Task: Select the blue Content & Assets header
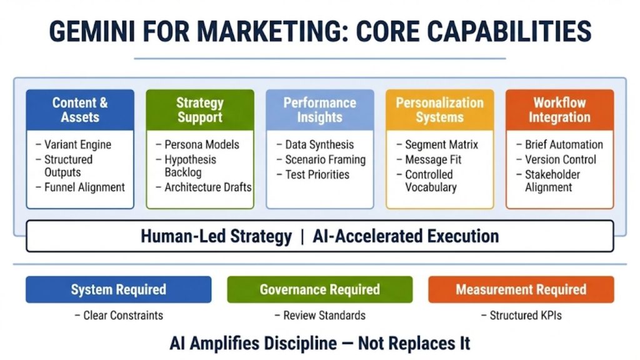coord(80,110)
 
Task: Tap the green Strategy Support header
coord(200,110)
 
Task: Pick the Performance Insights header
coord(319,110)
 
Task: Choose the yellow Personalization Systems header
coord(439,110)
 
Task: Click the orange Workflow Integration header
coord(559,110)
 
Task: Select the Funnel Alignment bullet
coord(84,187)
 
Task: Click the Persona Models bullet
coord(201,144)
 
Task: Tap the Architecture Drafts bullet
coord(207,187)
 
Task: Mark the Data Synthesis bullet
coord(319,144)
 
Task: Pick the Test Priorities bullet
coord(317,174)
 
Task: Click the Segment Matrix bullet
coord(441,144)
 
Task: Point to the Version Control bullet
coord(560,159)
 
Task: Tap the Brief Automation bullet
coord(564,144)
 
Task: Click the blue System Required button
coord(118,289)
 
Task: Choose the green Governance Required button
coord(319,289)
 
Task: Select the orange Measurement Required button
coord(521,289)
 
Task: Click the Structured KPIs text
coord(525,315)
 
